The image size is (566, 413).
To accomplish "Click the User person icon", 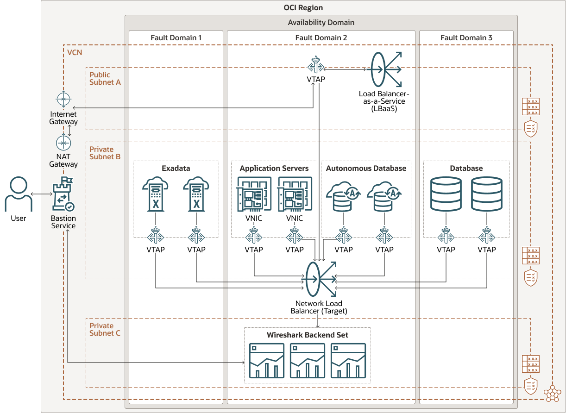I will coord(19,194).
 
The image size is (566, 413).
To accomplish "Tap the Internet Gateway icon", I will coord(63,100).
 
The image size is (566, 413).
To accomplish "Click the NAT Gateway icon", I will coord(63,143).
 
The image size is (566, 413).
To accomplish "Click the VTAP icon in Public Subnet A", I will coord(315,65).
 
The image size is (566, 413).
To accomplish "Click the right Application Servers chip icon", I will coord(294,194).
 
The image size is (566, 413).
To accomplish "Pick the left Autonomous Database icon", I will coord(343,196).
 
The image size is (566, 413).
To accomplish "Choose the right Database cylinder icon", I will coord(486,194).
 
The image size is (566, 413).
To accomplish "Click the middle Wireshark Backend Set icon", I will coord(307,361).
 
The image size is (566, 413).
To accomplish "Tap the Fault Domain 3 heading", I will coord(466,38).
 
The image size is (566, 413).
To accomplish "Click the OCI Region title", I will coord(303,8).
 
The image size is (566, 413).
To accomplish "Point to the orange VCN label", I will coord(74,52).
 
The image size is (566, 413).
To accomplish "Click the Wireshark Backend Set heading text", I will coord(307,335).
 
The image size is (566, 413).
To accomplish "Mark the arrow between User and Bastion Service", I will coord(41,194).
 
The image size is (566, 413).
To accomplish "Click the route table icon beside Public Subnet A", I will coord(530,106).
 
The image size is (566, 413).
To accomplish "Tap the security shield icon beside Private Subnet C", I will coord(530,385).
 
